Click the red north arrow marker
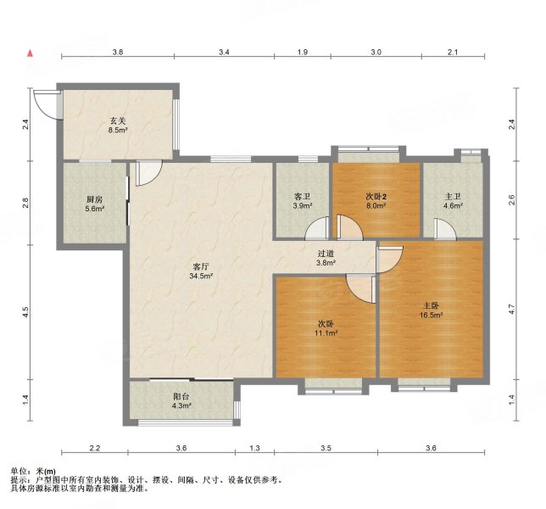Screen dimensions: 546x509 click(x=31, y=53)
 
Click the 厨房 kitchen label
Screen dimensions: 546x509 click(x=95, y=199)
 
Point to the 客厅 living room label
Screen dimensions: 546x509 click(x=201, y=267)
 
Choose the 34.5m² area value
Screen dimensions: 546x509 click(x=201, y=277)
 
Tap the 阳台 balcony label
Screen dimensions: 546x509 click(x=181, y=396)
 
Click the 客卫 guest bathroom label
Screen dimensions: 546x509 click(x=302, y=197)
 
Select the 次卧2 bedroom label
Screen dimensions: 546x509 click(x=376, y=197)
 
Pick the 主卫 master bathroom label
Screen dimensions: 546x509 click(x=453, y=197)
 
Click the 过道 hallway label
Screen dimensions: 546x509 click(x=326, y=254)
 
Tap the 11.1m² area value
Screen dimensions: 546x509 click(x=326, y=333)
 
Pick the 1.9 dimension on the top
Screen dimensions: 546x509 click(x=303, y=53)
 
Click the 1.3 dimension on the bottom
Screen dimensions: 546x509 click(x=255, y=448)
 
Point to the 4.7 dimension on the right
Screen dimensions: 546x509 click(x=511, y=309)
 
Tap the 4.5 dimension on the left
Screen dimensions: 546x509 click(x=25, y=312)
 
